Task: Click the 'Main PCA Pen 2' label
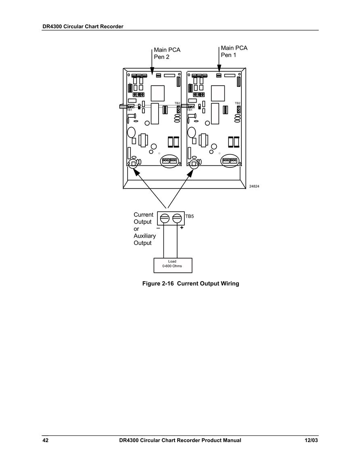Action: point(167,54)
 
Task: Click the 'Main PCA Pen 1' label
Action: point(234,51)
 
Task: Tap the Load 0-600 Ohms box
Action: point(173,265)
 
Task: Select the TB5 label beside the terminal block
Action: point(190,216)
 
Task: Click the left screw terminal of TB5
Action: point(164,218)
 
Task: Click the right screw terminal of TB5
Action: point(177,218)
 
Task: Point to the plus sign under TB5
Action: point(182,228)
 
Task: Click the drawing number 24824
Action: point(254,186)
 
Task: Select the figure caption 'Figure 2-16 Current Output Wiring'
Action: point(190,284)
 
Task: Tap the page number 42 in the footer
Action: point(45,441)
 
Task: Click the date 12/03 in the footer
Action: point(311,441)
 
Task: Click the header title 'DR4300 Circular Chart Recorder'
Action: point(83,27)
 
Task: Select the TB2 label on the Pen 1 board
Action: point(238,103)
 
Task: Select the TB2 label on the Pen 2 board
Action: point(177,103)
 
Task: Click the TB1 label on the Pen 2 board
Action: point(130,110)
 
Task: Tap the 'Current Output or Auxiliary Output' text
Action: point(144,229)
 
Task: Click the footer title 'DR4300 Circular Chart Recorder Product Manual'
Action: point(180,441)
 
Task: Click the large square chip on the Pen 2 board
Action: point(157,93)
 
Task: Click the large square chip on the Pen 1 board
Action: point(218,93)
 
